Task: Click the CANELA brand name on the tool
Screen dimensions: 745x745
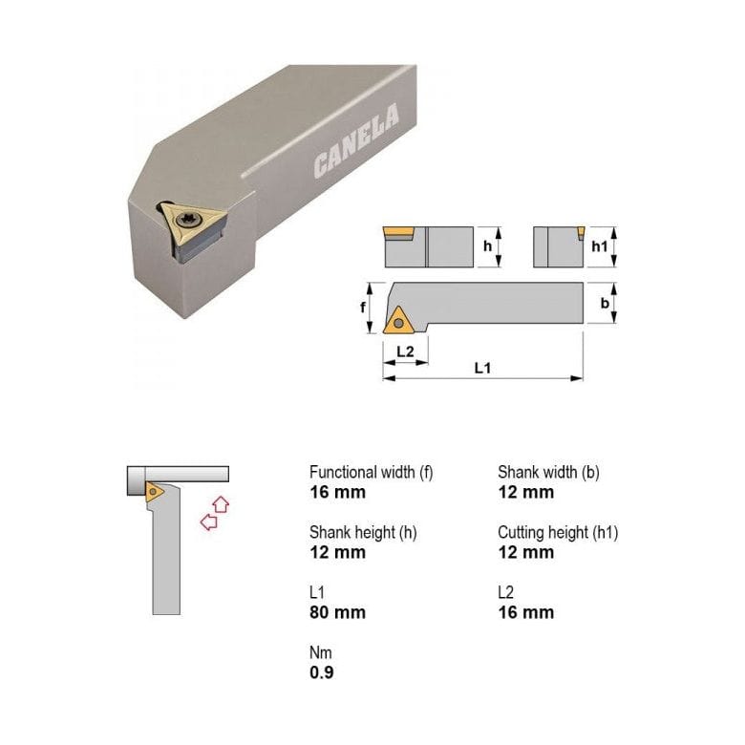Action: (356, 141)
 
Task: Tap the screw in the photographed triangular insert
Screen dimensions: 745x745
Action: (186, 220)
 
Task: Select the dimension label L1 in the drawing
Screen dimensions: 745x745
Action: (482, 368)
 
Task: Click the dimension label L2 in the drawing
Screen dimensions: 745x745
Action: (405, 351)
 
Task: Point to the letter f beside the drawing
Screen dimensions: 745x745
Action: (363, 308)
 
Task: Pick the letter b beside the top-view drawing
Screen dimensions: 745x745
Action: (605, 303)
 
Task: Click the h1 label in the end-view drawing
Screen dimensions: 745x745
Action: (599, 246)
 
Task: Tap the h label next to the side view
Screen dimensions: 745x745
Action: (487, 246)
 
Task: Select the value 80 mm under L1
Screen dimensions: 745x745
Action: (338, 612)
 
